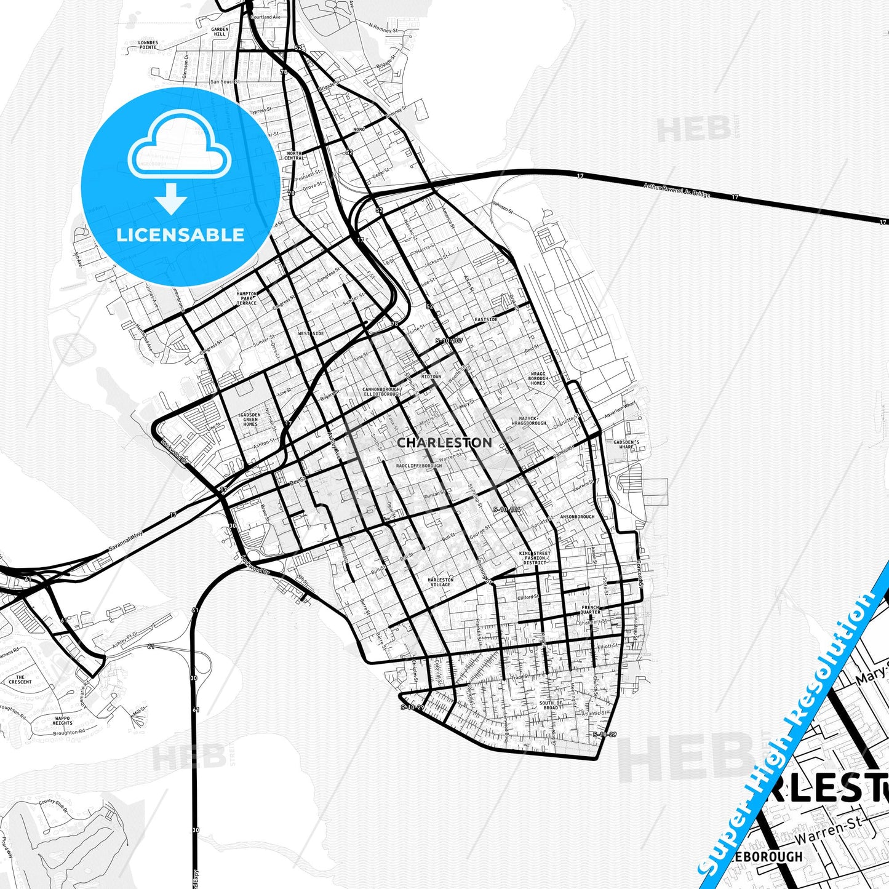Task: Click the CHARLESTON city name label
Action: coord(444,442)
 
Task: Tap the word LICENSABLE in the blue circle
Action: coord(180,235)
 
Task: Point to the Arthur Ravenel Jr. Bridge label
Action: coord(676,190)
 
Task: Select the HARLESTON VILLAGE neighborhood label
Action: coord(441,582)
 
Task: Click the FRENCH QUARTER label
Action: coord(590,610)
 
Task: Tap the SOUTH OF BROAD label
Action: coord(551,705)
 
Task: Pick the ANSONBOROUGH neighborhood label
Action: coord(577,517)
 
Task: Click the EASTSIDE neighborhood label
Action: coord(486,320)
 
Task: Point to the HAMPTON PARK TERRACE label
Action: coord(247,298)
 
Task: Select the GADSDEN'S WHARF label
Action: coord(626,444)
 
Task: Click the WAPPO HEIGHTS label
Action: coord(62,720)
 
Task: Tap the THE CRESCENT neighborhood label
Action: coord(20,679)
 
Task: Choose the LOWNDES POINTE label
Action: coord(148,45)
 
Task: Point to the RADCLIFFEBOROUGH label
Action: coord(419,466)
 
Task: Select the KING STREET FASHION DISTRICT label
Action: coord(535,557)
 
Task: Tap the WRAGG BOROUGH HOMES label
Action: coord(538,378)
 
